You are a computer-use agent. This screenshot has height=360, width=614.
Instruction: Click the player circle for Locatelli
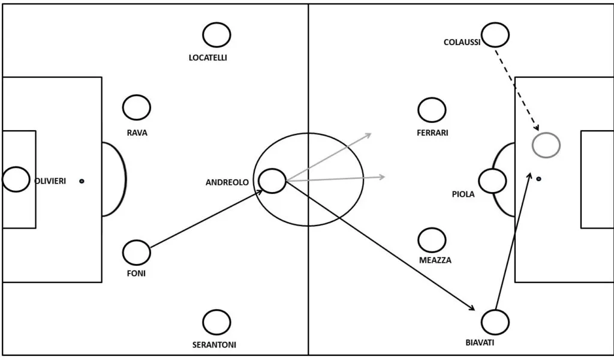(x=216, y=35)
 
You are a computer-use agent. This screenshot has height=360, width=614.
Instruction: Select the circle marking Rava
(x=137, y=107)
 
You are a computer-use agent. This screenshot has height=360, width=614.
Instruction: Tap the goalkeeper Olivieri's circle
(x=16, y=179)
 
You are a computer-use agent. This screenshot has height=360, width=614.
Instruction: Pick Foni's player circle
(x=137, y=253)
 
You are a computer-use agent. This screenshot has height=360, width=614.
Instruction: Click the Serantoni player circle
(x=216, y=322)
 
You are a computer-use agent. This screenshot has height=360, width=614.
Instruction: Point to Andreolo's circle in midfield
(x=272, y=181)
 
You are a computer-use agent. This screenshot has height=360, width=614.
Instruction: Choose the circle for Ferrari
(x=432, y=110)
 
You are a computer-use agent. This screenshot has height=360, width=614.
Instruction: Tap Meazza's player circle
(x=432, y=240)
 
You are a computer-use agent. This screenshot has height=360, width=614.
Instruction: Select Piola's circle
(x=492, y=181)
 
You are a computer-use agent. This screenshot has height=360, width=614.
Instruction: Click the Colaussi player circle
(x=495, y=35)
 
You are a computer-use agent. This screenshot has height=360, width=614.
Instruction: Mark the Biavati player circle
(x=495, y=323)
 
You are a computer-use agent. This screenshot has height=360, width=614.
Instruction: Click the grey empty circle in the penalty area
(x=546, y=145)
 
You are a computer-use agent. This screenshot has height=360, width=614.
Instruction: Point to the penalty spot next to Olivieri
(x=82, y=181)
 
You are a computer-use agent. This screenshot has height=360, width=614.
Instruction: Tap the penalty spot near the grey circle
(x=538, y=179)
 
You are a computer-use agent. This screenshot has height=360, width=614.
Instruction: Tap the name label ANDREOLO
(x=227, y=182)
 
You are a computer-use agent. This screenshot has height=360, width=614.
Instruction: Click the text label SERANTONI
(x=214, y=345)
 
